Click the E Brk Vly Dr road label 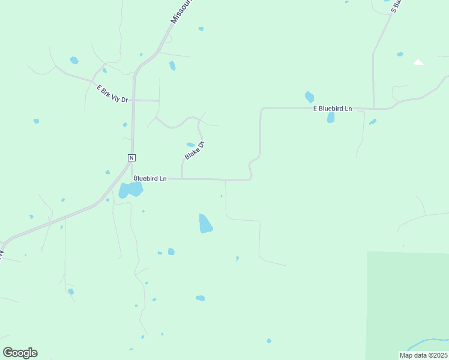click(x=112, y=94)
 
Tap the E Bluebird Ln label click(x=332, y=109)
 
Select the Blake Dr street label click(x=195, y=150)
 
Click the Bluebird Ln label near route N click(x=149, y=178)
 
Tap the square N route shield click(x=131, y=158)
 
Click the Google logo click(x=20, y=353)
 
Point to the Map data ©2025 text click(x=423, y=355)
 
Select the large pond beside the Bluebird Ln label click(x=130, y=190)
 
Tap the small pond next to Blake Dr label click(x=190, y=145)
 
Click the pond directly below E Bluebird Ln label click(x=331, y=118)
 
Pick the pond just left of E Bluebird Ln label click(x=309, y=97)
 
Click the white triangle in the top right click(x=418, y=62)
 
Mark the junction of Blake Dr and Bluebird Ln click(x=182, y=178)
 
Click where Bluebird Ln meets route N click(x=132, y=178)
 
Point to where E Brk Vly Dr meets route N click(x=134, y=100)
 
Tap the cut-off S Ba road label click(x=397, y=6)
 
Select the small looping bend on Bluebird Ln click(x=249, y=172)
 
